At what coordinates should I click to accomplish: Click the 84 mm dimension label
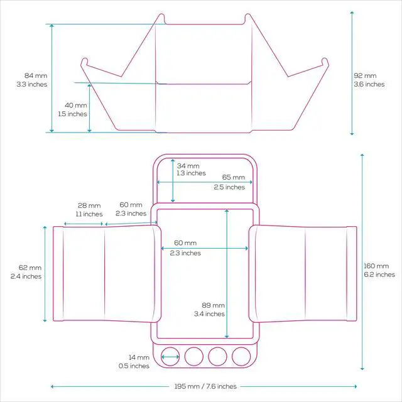click(x=36, y=75)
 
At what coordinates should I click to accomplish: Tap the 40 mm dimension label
click(x=76, y=105)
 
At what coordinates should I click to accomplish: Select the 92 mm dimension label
click(x=365, y=75)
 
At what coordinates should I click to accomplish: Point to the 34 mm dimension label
click(x=188, y=166)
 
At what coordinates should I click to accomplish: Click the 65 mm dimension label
click(x=233, y=177)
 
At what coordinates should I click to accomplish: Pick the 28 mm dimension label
click(x=89, y=205)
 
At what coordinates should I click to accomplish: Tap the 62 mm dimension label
click(x=30, y=268)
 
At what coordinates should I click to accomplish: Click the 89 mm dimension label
click(x=214, y=305)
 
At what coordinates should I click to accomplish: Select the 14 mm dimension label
click(x=139, y=357)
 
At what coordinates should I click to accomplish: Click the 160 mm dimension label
click(x=376, y=266)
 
